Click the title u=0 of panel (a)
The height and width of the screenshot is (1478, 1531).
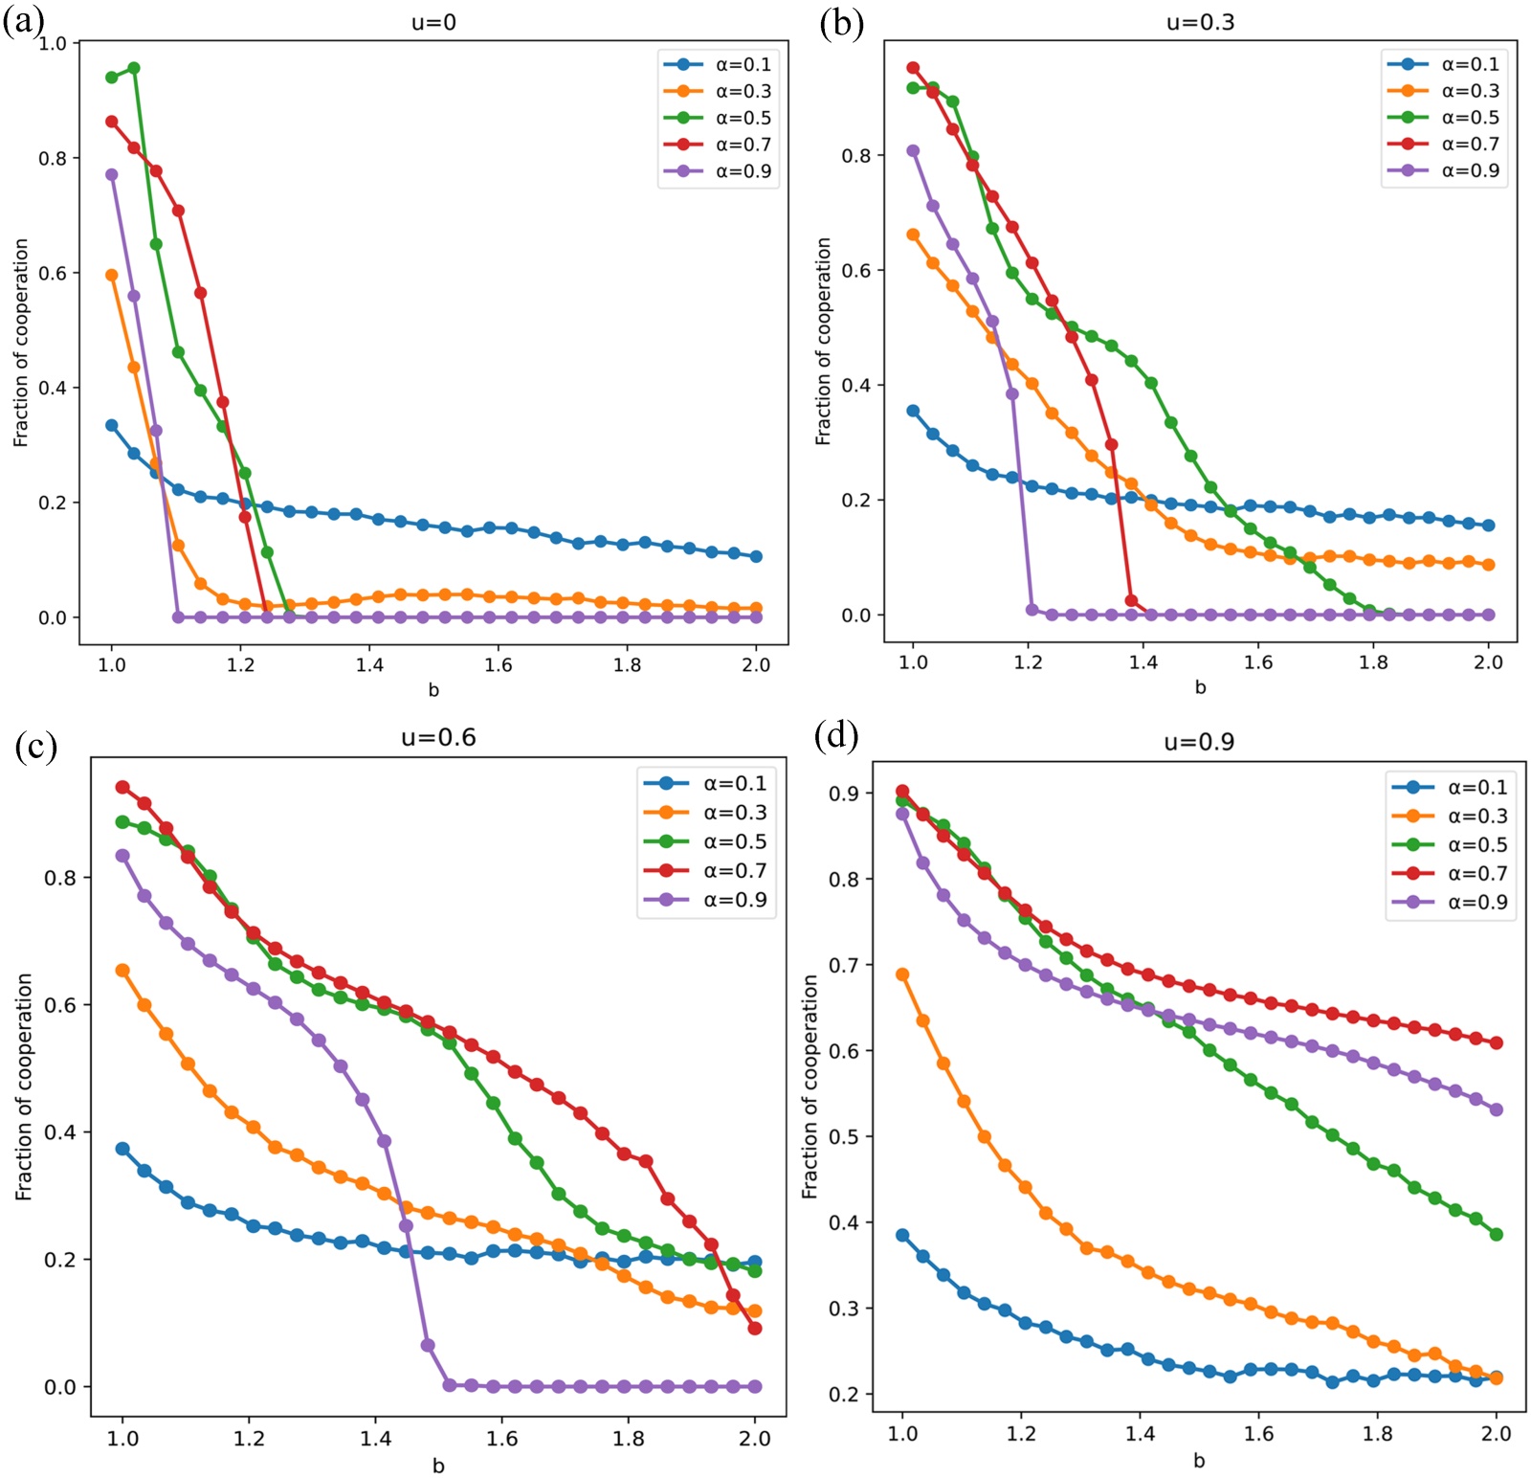click(x=433, y=22)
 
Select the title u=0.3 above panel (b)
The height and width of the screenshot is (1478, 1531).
click(x=1200, y=22)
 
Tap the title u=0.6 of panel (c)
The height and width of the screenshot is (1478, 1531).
click(x=438, y=737)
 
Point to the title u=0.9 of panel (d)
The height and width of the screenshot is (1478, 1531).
click(x=1199, y=742)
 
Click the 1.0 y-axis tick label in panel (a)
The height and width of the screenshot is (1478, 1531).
click(x=53, y=43)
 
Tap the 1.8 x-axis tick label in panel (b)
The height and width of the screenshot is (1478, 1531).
click(x=1373, y=662)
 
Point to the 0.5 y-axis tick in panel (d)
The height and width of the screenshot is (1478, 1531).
click(x=844, y=1136)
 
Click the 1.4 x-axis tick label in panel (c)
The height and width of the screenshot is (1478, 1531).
click(x=375, y=1438)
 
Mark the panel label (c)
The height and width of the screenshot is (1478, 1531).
click(x=36, y=745)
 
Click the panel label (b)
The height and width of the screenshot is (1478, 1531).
click(x=842, y=22)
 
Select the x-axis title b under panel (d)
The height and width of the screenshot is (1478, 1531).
click(x=1199, y=1461)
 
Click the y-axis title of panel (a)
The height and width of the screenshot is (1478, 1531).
click(x=21, y=342)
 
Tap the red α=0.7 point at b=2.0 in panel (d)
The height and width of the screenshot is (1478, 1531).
click(x=1497, y=1042)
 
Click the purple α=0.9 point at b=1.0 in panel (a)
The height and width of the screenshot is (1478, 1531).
click(x=112, y=175)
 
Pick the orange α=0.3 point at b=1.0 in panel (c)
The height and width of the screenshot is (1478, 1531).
click(x=122, y=971)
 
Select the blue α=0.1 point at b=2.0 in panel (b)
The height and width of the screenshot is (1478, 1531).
click(x=1488, y=526)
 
